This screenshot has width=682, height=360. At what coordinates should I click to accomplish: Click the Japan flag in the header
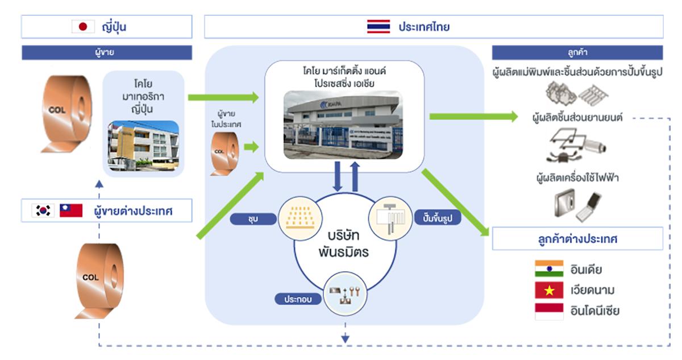pyautogui.click(x=83, y=27)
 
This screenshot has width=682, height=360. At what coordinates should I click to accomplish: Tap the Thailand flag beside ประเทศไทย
pyautogui.click(x=378, y=27)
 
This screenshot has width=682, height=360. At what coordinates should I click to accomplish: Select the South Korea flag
pyautogui.click(x=43, y=212)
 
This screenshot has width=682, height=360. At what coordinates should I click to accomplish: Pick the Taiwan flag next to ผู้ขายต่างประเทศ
pyautogui.click(x=71, y=212)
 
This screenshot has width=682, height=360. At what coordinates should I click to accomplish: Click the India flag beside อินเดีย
pyautogui.click(x=548, y=269)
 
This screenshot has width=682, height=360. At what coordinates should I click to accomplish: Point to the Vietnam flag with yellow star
pyautogui.click(x=548, y=290)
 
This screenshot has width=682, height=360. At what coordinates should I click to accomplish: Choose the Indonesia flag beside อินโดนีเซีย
pyautogui.click(x=548, y=311)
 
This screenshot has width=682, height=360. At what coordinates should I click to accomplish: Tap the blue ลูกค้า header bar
pyautogui.click(x=577, y=53)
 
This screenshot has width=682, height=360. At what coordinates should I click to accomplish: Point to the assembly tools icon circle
pyautogui.click(x=344, y=293)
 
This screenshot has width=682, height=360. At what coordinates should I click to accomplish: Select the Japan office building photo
pyautogui.click(x=143, y=146)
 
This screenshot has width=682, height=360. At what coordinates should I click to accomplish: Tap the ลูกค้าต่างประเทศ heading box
pyautogui.click(x=577, y=239)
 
